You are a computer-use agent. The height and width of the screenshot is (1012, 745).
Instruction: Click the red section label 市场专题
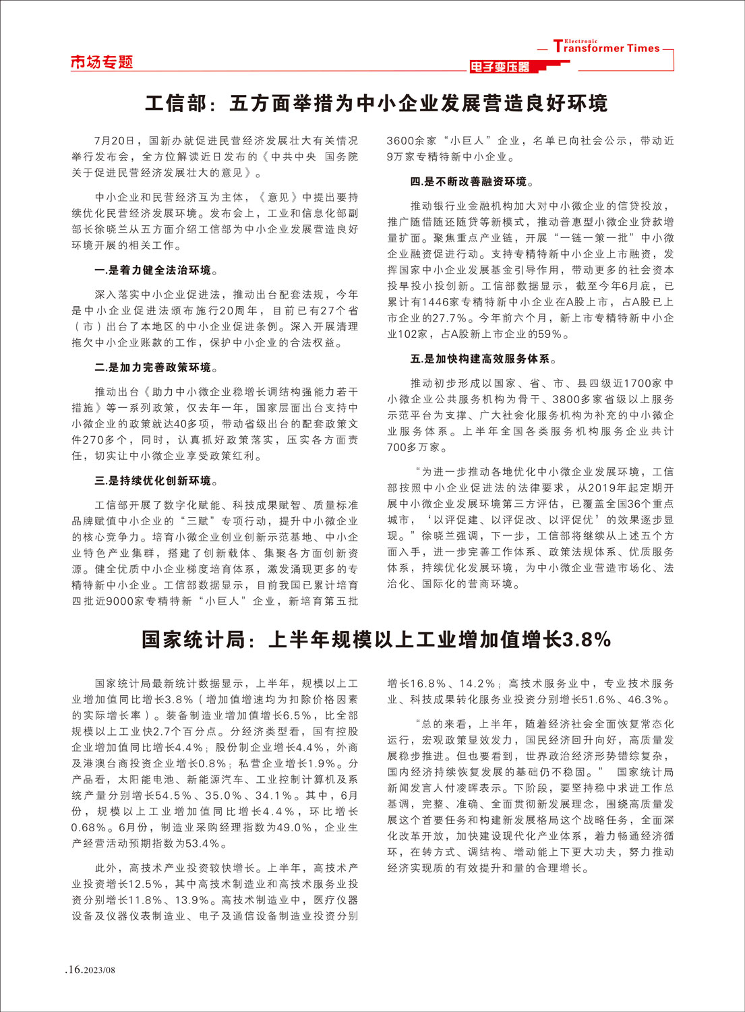click(x=102, y=63)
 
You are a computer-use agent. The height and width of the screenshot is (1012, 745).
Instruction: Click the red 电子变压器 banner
click(x=500, y=67)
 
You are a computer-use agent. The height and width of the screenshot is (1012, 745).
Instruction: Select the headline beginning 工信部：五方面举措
click(x=376, y=104)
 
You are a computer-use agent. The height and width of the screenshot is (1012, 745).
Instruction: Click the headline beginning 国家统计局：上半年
click(x=376, y=639)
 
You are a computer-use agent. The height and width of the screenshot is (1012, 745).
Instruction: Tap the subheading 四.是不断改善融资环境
click(x=473, y=182)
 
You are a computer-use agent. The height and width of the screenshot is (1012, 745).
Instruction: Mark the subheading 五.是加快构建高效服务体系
click(x=484, y=359)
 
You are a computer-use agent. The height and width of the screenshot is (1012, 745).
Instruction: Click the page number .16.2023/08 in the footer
click(x=90, y=970)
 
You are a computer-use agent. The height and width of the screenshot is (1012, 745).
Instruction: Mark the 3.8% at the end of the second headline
click(x=587, y=639)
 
